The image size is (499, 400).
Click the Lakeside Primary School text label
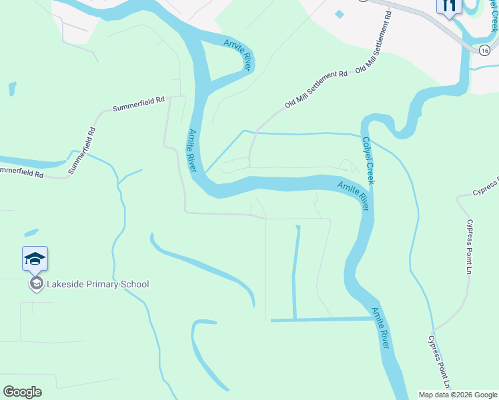97,284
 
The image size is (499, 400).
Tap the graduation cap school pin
35,259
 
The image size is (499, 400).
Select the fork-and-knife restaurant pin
448,6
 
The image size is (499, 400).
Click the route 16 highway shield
485,49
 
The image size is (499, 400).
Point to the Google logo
22,391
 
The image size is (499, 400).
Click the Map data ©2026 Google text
457,395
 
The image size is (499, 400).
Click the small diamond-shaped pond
340,14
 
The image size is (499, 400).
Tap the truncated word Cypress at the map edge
486,187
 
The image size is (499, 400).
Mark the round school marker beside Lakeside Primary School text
35,284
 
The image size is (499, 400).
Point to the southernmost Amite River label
380,327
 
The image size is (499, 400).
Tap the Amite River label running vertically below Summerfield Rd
193,151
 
